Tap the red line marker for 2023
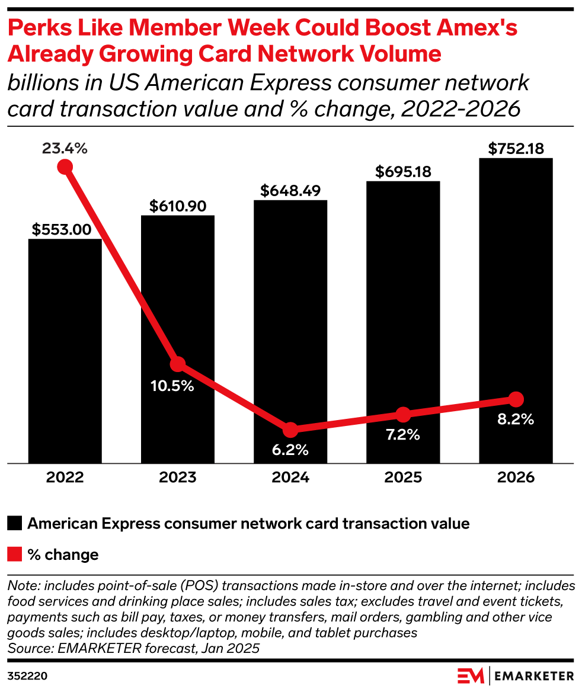tap(177, 364)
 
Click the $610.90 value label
tap(177, 206)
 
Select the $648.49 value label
tap(290, 191)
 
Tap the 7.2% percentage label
tap(402, 434)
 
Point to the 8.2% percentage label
tap(516, 419)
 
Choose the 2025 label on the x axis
tap(402, 478)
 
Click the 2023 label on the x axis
tap(177, 478)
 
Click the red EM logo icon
tap(471, 675)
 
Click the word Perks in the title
tap(37, 28)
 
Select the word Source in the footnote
tap(25, 648)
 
